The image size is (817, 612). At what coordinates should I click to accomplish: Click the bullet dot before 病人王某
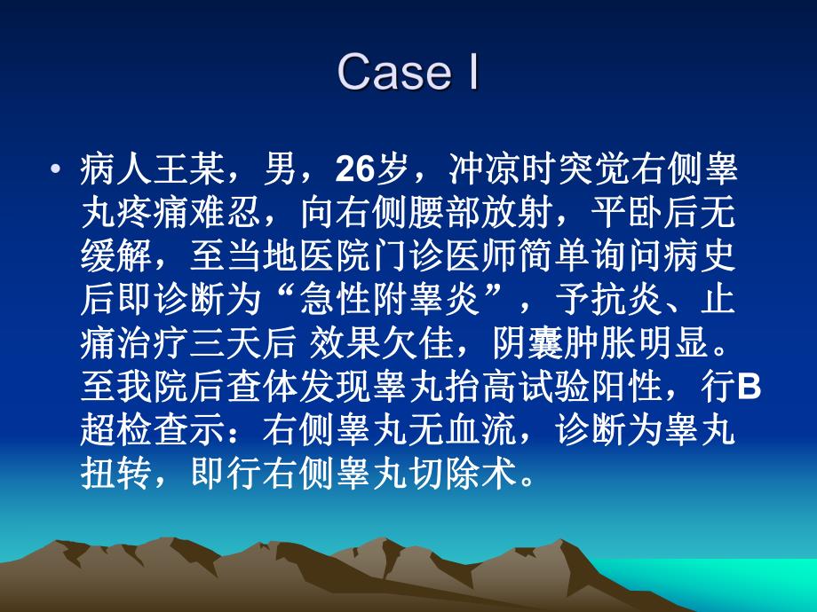tap(57, 169)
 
